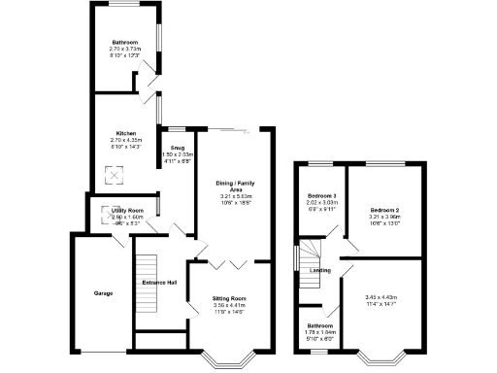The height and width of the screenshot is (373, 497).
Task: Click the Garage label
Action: [104, 292]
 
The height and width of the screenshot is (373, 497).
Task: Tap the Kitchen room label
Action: [126, 133]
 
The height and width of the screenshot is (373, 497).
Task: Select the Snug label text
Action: [178, 148]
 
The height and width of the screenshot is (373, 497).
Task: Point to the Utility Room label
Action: [127, 210]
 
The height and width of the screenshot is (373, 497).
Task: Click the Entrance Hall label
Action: [159, 282]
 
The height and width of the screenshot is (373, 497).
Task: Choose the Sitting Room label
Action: [230, 298]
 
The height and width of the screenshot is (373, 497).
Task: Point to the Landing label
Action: [320, 270]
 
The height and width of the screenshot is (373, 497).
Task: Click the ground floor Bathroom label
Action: [126, 43]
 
